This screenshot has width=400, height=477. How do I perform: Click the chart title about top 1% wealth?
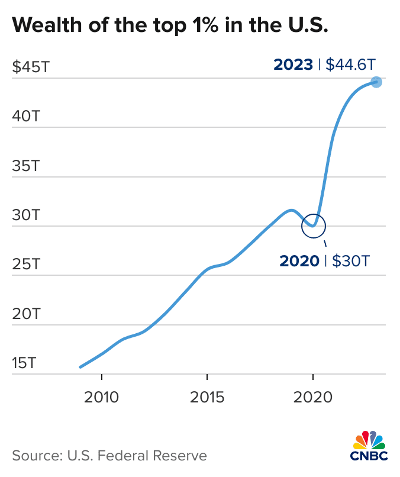click(x=170, y=25)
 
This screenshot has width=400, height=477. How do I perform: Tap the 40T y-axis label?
click(x=26, y=116)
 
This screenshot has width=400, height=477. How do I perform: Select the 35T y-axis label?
click(x=26, y=166)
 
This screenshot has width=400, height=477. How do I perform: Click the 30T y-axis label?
click(x=26, y=215)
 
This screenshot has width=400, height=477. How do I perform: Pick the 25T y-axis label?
click(x=26, y=264)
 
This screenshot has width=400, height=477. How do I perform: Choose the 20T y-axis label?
click(x=26, y=314)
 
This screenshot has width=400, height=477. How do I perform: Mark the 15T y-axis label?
click(x=26, y=363)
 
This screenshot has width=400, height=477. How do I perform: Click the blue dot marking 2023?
click(x=376, y=82)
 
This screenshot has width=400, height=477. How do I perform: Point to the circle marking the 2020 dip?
click(x=314, y=225)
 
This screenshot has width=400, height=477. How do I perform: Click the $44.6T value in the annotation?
click(x=351, y=64)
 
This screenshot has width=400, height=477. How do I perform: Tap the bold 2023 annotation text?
click(x=293, y=64)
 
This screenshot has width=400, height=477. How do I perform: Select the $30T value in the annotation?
click(x=350, y=260)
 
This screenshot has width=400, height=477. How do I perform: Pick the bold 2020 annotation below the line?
click(x=299, y=260)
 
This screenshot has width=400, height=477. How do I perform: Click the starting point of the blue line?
click(x=80, y=367)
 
